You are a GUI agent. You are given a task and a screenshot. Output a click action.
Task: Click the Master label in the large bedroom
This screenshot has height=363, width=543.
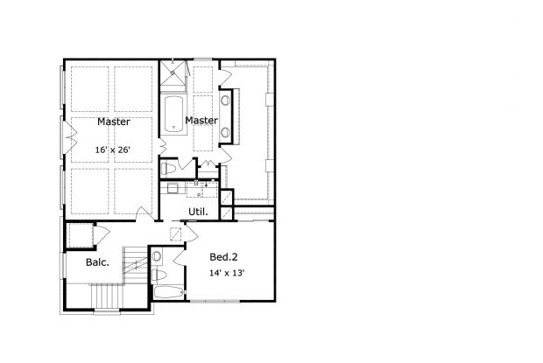click(114, 122)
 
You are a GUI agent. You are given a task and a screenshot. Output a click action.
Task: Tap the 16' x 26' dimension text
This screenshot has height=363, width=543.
click(113, 150)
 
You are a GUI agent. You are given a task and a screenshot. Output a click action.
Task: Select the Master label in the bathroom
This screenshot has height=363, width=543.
click(201, 121)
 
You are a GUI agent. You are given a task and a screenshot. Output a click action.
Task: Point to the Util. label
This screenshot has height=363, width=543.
click(198, 212)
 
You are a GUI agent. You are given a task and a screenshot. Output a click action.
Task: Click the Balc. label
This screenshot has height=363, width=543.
click(97, 262)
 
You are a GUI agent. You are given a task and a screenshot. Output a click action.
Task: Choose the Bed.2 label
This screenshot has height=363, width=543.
click(223, 257)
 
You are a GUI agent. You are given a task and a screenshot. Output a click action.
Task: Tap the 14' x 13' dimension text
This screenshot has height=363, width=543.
click(227, 273)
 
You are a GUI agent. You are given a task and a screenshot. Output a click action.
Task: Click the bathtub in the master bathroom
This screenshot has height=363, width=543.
click(173, 114)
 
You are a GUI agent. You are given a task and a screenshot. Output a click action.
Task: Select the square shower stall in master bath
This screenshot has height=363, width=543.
click(173, 73)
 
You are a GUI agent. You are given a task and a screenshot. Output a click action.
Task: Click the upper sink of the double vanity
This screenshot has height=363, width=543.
click(225, 101)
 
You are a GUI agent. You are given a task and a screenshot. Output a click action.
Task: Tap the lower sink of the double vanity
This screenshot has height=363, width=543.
click(225, 132)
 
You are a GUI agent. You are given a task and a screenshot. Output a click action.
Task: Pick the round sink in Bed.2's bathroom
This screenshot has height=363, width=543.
click(157, 256)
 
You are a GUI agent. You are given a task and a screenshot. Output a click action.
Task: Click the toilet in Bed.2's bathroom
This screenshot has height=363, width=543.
click(159, 276)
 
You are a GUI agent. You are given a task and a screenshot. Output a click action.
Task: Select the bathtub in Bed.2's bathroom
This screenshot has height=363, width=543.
click(168, 292)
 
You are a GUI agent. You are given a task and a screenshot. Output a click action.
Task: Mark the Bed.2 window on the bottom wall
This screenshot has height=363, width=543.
click(215, 302)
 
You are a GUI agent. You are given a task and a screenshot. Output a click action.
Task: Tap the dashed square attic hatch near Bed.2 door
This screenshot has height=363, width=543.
click(176, 234)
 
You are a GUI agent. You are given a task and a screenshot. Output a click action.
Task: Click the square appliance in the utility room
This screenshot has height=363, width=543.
click(172, 188)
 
